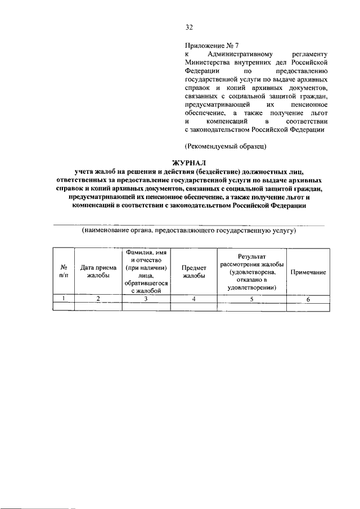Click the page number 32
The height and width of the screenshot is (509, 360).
pyautogui.click(x=189, y=26)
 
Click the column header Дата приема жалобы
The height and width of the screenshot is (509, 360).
pyautogui.click(x=98, y=272)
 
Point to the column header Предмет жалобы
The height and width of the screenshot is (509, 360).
pyautogui.click(x=193, y=272)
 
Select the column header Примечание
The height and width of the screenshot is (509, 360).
pyautogui.click(x=308, y=272)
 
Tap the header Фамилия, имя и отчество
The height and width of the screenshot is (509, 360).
pyautogui.click(x=146, y=272)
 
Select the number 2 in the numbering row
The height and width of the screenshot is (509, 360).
pyautogui.click(x=98, y=299)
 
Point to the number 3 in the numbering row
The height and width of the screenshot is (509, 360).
pyautogui.click(x=146, y=299)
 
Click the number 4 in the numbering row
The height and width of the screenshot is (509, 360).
pyautogui.click(x=193, y=299)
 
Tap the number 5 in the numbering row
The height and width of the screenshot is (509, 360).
pyautogui.click(x=251, y=299)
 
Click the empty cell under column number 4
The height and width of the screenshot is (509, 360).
pyautogui.click(x=193, y=307)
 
